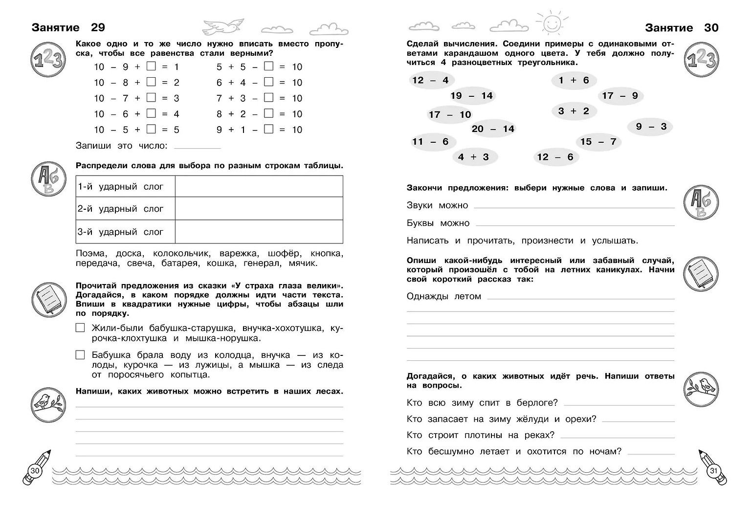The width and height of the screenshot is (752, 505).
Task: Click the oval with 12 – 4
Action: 430,80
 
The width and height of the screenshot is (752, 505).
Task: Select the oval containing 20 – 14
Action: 493,129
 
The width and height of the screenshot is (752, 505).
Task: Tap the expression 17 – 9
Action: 620,96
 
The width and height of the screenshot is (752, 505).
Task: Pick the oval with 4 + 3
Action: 473,157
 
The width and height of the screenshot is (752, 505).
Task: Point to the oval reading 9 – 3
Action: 651,127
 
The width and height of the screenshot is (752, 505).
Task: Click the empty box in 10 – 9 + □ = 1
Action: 151,66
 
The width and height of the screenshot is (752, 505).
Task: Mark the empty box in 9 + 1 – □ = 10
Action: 268,129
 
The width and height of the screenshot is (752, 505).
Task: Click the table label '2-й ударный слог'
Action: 120,209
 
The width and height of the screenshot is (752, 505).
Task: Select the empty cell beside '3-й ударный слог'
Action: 259,232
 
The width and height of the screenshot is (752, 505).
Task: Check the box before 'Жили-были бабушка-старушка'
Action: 80,328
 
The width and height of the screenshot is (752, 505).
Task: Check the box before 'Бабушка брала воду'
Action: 80,355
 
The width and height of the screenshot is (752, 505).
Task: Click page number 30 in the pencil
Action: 35,470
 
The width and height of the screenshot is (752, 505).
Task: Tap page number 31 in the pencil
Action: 713,470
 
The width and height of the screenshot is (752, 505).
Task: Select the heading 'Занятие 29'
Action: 68,27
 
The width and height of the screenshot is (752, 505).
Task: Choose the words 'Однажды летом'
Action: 444,296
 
